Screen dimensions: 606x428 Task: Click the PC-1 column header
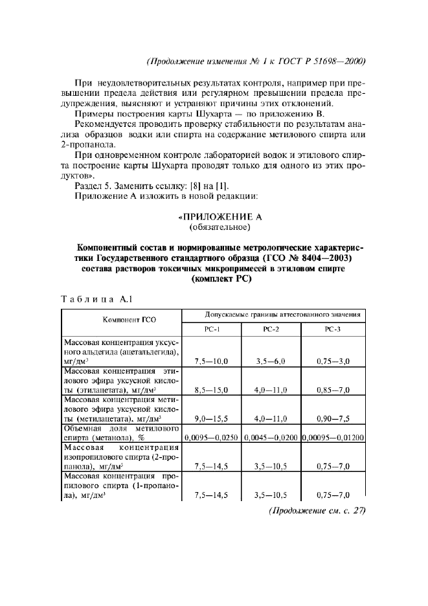[213, 329]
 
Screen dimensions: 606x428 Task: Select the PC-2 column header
[271, 329]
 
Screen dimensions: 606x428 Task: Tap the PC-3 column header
[333, 329]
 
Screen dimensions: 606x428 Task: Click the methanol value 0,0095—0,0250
[212, 438]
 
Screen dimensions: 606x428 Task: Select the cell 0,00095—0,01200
[333, 438]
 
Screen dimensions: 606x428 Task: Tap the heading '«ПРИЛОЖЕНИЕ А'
[214, 216]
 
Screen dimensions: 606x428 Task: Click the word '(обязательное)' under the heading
[214, 227]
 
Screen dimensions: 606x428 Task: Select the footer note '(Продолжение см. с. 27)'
[318, 510]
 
